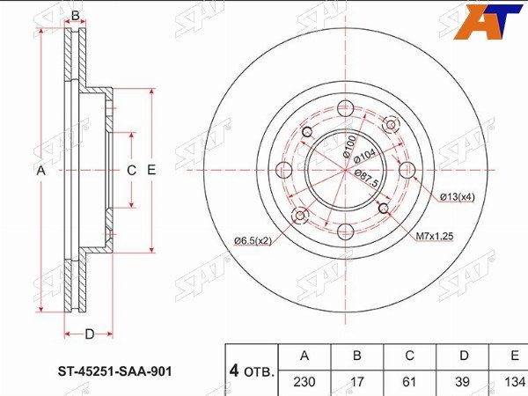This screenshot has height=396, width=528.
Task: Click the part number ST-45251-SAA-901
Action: pyautogui.click(x=114, y=371)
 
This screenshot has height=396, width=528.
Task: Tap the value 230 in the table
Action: pyautogui.click(x=304, y=382)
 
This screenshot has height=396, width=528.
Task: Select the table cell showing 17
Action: pyautogui.click(x=357, y=382)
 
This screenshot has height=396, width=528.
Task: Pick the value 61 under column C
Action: pyautogui.click(x=409, y=382)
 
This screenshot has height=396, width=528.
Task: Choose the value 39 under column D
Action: pyautogui.click(x=462, y=382)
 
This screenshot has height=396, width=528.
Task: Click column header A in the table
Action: pyautogui.click(x=304, y=356)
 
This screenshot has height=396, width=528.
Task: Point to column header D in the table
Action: pyautogui.click(x=464, y=356)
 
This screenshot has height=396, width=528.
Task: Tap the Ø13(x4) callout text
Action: pyautogui.click(x=458, y=197)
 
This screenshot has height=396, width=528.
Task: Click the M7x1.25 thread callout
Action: pyautogui.click(x=435, y=236)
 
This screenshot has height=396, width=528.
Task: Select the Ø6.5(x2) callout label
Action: pyautogui.click(x=253, y=241)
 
